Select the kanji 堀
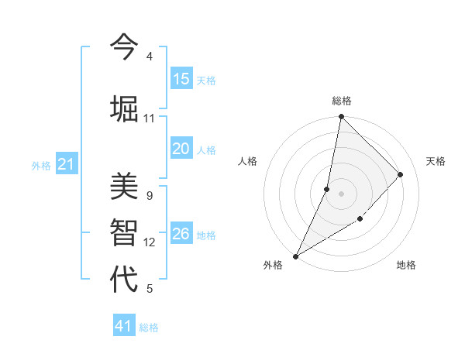pos(124,108)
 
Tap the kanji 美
pos(124,187)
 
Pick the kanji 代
pos(124,279)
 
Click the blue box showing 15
pos(181,79)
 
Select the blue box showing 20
pos(181,149)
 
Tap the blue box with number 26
pos(181,234)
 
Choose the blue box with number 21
pos(67,164)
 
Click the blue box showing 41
pos(124,326)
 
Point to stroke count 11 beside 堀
pos(150,118)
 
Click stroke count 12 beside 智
pos(150,242)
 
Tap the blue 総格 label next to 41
pos(149,328)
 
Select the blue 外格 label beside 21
pos(41,166)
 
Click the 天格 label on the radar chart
pos(436,161)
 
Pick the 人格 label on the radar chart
pos(248,161)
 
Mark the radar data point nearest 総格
pos(341,117)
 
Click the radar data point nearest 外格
pos(295,256)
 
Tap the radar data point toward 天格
pos(401,174)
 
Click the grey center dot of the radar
pos(341,194)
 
